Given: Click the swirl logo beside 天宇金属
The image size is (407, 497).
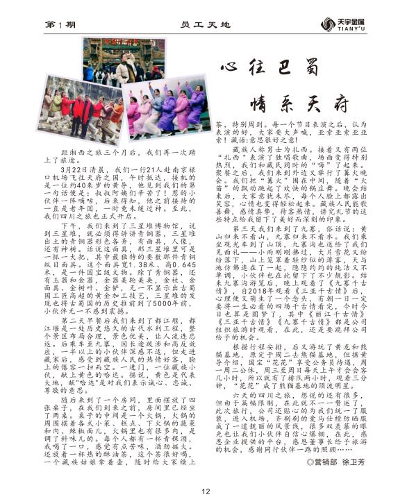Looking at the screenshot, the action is [328, 24].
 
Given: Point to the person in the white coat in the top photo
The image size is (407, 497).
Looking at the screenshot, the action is [126, 71].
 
